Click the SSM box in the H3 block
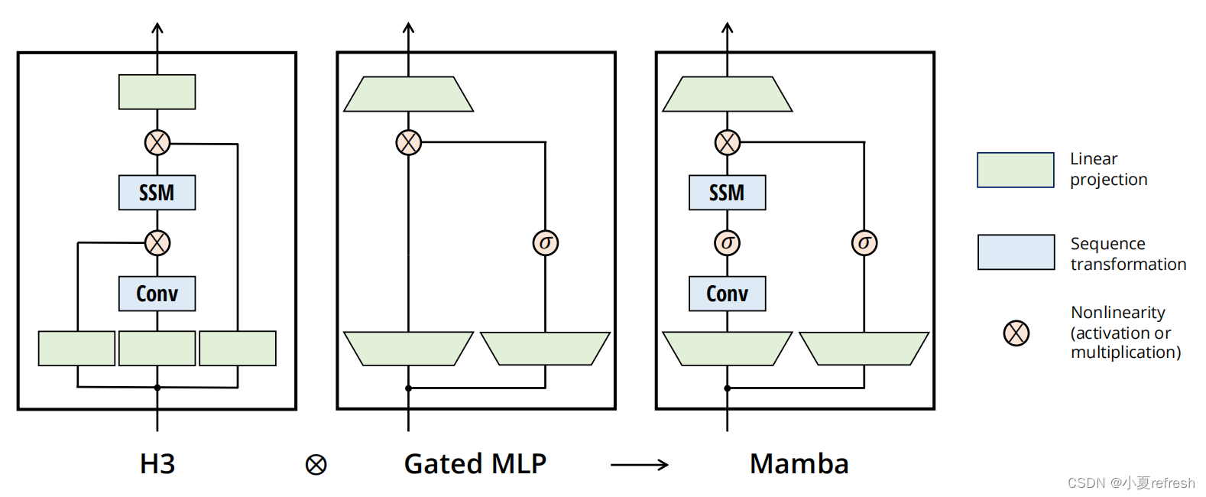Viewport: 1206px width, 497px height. pyautogui.click(x=157, y=193)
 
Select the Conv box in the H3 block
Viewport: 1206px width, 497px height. pyautogui.click(x=157, y=294)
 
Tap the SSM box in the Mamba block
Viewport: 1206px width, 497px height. pyautogui.click(x=727, y=193)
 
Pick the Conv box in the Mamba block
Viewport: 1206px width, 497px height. pyautogui.click(x=727, y=294)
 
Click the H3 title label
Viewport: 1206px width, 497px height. pyautogui.click(x=157, y=464)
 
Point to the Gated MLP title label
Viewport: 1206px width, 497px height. pyautogui.click(x=475, y=464)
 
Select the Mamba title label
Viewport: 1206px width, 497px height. pyautogui.click(x=799, y=464)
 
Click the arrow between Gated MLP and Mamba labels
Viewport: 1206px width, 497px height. pyautogui.click(x=640, y=464)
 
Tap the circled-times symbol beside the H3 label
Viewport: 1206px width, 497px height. pyautogui.click(x=316, y=464)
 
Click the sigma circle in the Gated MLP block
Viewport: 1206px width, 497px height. pyautogui.click(x=545, y=243)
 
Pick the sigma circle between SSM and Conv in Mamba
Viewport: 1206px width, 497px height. pyautogui.click(x=727, y=243)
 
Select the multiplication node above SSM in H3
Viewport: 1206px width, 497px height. pyautogui.click(x=157, y=142)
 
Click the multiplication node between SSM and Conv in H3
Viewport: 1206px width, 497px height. pyautogui.click(x=157, y=243)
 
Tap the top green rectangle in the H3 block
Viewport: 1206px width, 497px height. pyautogui.click(x=157, y=92)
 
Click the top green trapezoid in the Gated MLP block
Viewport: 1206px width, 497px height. pyautogui.click(x=408, y=94)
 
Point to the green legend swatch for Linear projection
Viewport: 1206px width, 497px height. pyautogui.click(x=1015, y=170)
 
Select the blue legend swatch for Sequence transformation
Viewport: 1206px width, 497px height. pyautogui.click(x=1016, y=252)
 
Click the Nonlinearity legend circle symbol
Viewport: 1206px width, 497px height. pyautogui.click(x=1016, y=333)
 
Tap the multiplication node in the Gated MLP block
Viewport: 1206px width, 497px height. pyautogui.click(x=408, y=142)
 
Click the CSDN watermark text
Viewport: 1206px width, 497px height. pyautogui.click(x=1130, y=483)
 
